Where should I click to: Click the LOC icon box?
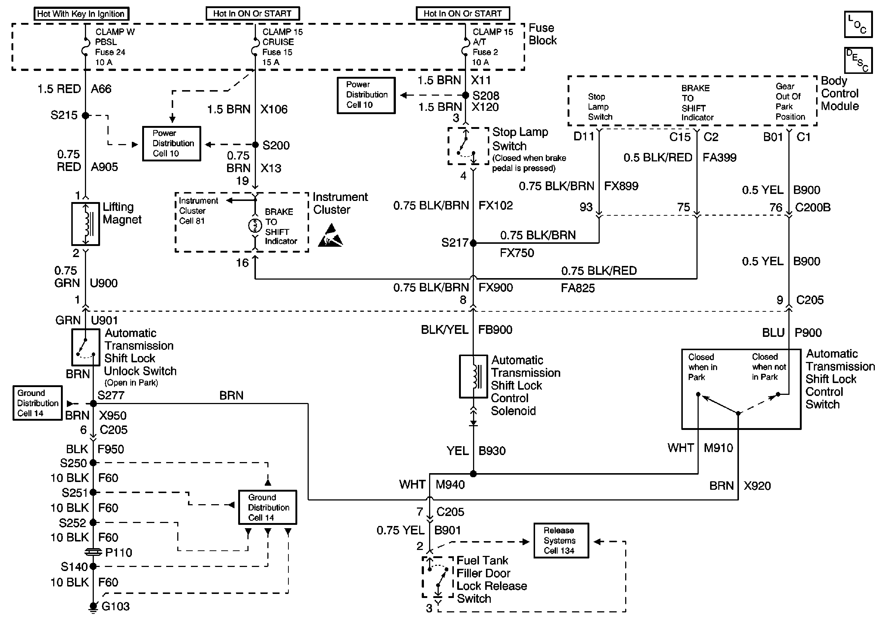[x=858, y=24]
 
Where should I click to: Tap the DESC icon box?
[x=858, y=60]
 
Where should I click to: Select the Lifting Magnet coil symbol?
[x=86, y=224]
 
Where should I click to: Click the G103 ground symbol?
[x=93, y=607]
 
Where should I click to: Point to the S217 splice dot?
[x=473, y=243]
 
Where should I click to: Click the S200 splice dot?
[x=256, y=145]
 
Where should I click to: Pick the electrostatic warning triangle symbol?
[x=330, y=235]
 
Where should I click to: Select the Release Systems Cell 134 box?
[x=561, y=540]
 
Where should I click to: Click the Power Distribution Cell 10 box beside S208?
[x=366, y=95]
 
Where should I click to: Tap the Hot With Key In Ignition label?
[x=81, y=14]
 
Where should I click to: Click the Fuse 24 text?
[x=110, y=52]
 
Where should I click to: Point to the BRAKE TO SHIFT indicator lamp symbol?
[x=255, y=225]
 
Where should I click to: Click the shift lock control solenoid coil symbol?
[x=473, y=376]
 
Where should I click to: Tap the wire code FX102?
[x=496, y=205]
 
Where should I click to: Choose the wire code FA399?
[x=719, y=158]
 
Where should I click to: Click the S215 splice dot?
[x=85, y=116]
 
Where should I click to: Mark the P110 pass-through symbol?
[x=93, y=552]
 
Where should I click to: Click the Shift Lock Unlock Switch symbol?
[x=86, y=347]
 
